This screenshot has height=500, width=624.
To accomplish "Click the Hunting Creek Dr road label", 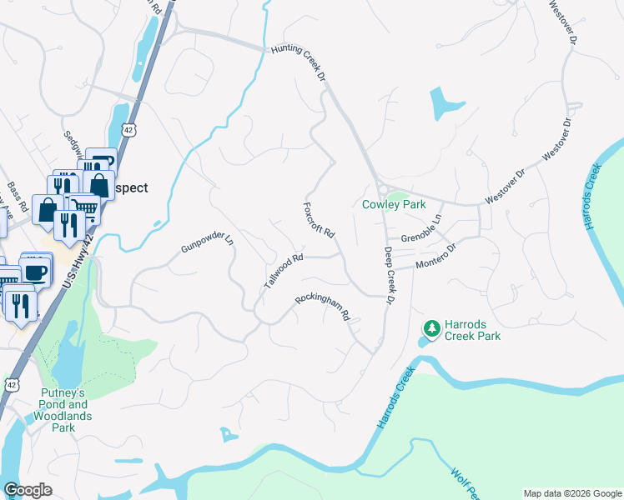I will click(297, 64).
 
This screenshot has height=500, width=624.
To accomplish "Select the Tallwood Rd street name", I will click(283, 271).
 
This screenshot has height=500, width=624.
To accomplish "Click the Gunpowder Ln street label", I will click(207, 244).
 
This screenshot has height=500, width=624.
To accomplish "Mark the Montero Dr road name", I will click(437, 257).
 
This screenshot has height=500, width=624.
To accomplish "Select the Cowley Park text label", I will click(393, 204).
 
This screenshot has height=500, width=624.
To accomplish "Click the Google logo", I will click(28, 489).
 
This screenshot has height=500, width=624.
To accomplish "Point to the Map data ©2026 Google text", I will click(572, 493).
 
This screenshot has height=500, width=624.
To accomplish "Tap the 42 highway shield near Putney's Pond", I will click(10, 383).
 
